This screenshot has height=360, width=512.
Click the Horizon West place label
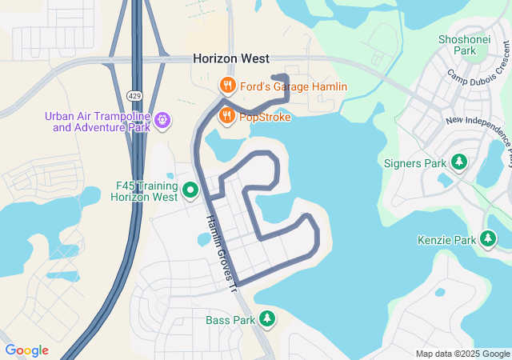[x=230, y=59]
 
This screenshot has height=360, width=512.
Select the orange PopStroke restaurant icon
[x=227, y=116]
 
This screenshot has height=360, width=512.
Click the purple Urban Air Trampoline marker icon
[x=162, y=120]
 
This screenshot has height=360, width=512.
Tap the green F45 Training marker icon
[x=190, y=190]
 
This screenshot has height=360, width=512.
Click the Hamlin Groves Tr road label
[x=222, y=251]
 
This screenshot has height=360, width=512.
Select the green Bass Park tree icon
[x=268, y=319]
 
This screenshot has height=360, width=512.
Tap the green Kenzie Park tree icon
[x=488, y=238]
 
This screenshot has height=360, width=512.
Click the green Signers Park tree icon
[x=459, y=163]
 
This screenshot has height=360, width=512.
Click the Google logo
[x=26, y=350]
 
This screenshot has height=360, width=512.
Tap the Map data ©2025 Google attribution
[x=462, y=354]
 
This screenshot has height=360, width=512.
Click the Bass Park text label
[x=230, y=320]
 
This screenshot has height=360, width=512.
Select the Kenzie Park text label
[x=446, y=239]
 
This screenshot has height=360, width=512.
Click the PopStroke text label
[x=263, y=117]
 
